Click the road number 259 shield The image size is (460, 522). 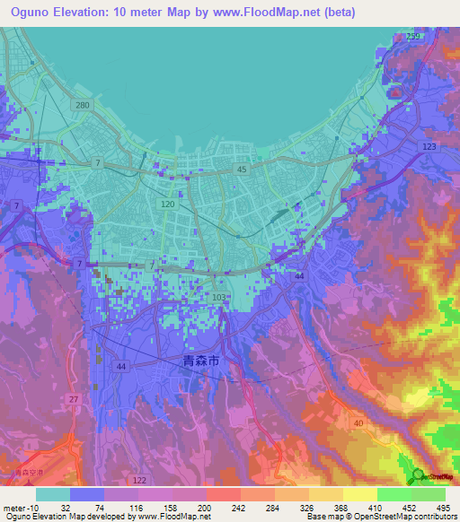[x=412, y=35]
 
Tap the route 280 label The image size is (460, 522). [x=84, y=106]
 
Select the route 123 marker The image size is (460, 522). [x=429, y=146]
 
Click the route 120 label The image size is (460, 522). [x=167, y=204]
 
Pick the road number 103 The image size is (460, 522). [x=218, y=297]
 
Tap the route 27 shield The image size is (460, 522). [x=73, y=399]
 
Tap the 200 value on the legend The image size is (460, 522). [x=205, y=507]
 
